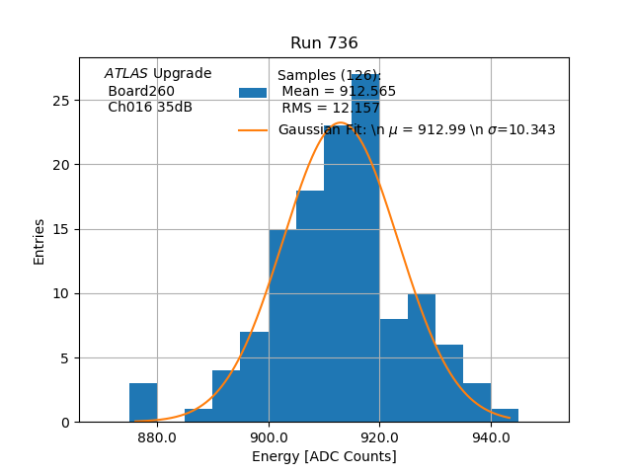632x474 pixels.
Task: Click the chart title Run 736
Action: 324,43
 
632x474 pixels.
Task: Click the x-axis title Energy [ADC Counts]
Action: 324,456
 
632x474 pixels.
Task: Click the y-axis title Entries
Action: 39,241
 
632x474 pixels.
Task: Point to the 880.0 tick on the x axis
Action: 157,436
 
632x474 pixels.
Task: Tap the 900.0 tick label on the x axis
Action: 269,436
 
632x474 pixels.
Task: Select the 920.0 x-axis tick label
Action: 379,436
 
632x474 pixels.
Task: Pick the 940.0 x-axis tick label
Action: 491,436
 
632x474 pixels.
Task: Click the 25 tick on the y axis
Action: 61,101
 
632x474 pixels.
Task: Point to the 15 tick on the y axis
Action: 61,229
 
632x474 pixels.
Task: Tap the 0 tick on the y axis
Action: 65,423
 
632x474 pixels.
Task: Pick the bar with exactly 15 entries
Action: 282,326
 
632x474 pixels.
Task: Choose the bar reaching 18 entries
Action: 310,306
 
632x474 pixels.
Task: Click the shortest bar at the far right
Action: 505,416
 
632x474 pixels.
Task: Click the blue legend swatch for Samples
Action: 253,93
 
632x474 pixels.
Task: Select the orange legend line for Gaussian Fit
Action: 253,130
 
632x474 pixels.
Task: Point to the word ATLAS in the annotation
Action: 125,73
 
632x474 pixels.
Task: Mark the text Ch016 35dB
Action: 150,108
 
